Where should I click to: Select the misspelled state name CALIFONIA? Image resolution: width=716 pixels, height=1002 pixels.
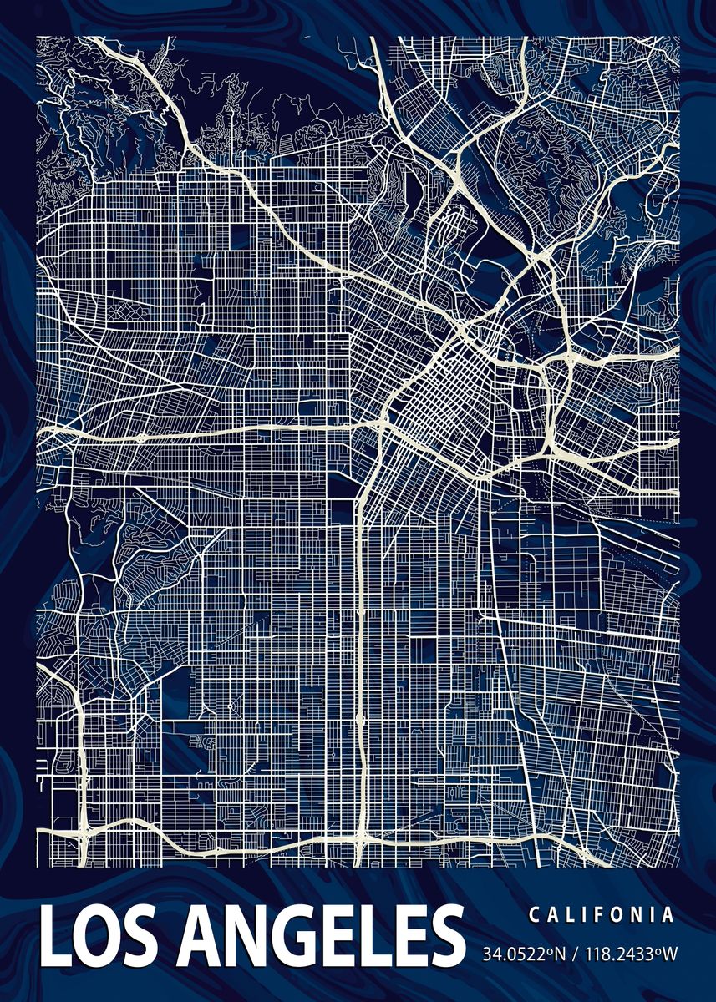pos(601,914)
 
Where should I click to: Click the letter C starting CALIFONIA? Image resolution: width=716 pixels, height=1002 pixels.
pos(534,914)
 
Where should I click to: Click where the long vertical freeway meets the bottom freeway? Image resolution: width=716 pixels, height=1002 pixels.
pos(361,839)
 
